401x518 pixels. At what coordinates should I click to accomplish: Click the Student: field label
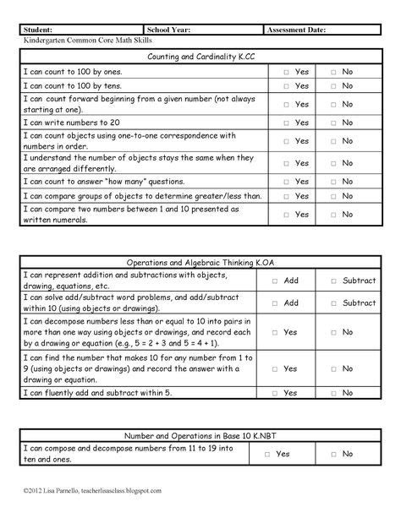coord(40,30)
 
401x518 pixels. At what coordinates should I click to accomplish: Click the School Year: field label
coord(168,30)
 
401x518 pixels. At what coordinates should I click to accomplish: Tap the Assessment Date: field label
coord(296,30)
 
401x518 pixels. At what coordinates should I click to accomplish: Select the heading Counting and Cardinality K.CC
coord(200,56)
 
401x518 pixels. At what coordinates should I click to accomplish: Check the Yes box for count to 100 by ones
coord(286,73)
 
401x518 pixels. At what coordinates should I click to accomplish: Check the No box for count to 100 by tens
coord(333,86)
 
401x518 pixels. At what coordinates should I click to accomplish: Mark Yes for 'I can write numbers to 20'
coord(286,123)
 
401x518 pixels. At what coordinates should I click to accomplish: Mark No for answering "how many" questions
coord(333,181)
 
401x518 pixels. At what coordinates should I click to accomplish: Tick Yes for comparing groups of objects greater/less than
coord(286,196)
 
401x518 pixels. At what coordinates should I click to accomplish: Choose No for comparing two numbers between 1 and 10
coord(333,215)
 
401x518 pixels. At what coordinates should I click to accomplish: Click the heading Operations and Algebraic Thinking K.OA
coord(200,262)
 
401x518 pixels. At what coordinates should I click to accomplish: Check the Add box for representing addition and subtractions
coord(274,281)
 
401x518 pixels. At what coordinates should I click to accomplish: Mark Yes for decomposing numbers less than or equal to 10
coord(274,332)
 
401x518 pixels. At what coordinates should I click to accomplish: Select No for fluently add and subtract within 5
coord(333,393)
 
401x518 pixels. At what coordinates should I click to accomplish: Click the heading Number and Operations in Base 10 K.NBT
coord(200,434)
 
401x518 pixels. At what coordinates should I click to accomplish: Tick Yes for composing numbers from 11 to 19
coord(267,454)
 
